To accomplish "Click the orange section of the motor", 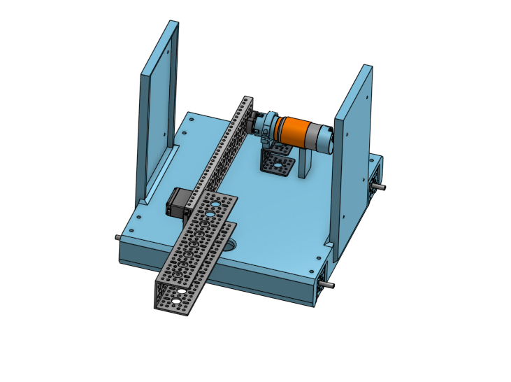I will tap(294, 131).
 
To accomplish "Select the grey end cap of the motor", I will tap(322, 137).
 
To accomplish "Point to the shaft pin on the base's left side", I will tap(116, 236).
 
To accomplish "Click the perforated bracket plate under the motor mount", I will tap(277, 165).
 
